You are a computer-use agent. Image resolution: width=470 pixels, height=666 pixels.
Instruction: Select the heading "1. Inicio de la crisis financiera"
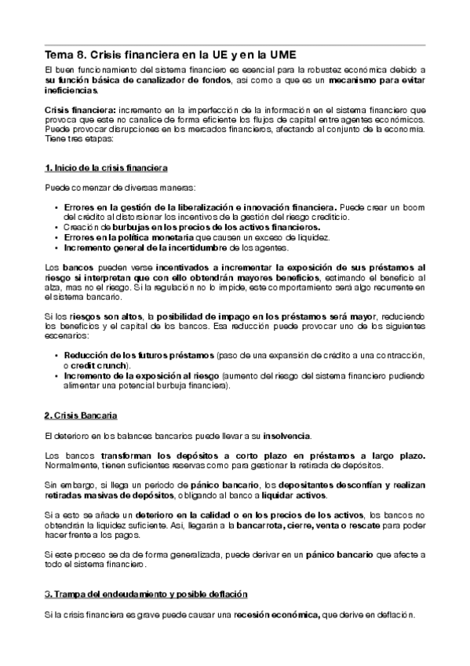coord(106,169)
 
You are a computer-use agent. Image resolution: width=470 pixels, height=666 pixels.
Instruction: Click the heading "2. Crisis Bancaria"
coord(82,413)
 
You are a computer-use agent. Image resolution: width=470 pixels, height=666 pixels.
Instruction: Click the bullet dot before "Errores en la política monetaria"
coord(56,236)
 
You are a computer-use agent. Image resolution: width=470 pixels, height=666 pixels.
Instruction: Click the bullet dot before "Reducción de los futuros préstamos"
coord(56,355)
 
